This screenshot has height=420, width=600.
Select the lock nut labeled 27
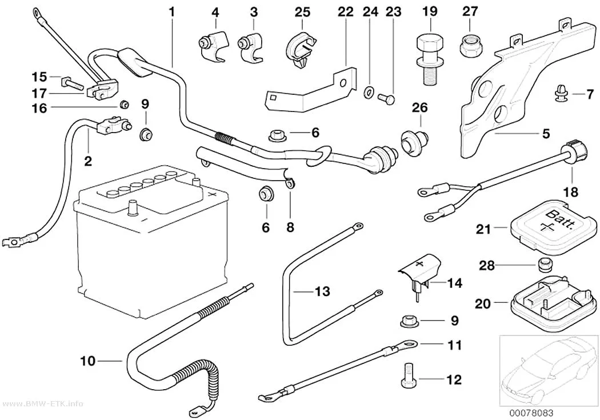[x=470, y=46]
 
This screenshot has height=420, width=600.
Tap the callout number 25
[x=302, y=11]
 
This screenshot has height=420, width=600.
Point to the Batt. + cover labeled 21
[x=553, y=223]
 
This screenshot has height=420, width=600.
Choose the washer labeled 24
[x=369, y=92]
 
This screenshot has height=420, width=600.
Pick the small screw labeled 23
[x=386, y=98]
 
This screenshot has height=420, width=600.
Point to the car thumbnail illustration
[x=549, y=370]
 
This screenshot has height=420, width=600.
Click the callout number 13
[x=323, y=291]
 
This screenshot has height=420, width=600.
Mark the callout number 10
[x=87, y=361]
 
